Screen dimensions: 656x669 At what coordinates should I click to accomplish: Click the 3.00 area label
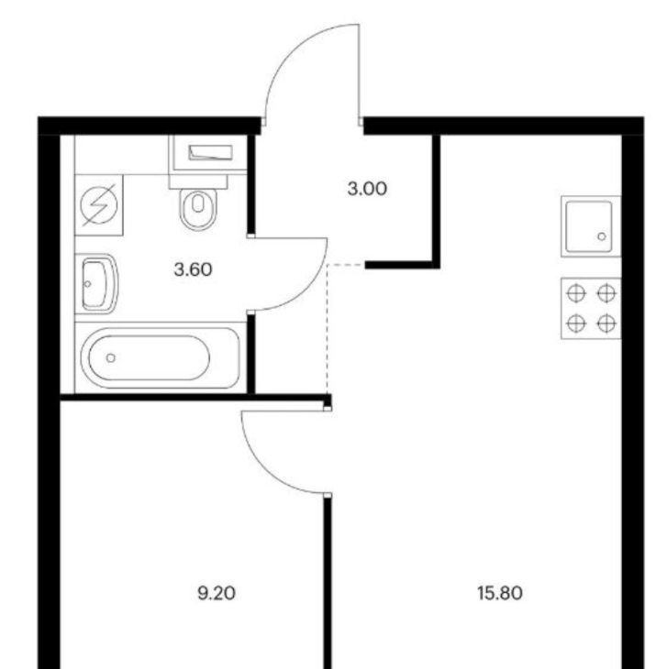367,189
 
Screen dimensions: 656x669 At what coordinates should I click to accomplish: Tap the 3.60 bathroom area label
193,269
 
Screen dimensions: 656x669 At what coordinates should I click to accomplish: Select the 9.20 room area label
217,594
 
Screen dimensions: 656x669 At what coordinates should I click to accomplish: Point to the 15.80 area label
500,594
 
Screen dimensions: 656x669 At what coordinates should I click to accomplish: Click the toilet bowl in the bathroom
198,209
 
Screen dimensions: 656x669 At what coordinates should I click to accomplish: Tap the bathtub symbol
161,357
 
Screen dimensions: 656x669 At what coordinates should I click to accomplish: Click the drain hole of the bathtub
111,358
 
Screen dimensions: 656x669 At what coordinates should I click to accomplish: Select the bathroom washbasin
97,284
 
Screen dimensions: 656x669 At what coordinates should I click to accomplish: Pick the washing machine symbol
99,204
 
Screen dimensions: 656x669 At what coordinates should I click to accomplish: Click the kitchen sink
591,226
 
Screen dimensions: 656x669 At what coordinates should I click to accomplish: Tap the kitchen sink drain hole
602,236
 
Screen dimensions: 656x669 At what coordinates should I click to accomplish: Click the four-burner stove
591,309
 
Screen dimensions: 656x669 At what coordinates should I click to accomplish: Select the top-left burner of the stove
576,293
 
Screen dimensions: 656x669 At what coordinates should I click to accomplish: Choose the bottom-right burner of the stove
606,324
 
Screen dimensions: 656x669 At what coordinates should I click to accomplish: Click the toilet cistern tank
198,181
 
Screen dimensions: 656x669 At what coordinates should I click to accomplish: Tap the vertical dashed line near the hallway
328,328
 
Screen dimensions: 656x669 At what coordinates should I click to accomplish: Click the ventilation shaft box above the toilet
208,153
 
